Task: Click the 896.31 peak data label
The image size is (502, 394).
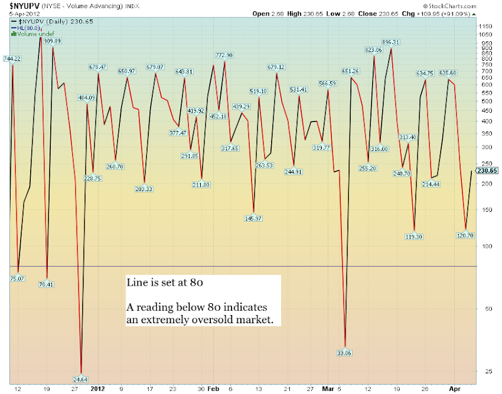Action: (x=392, y=42)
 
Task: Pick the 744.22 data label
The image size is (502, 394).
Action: (x=12, y=59)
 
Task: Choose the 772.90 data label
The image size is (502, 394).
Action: (x=224, y=56)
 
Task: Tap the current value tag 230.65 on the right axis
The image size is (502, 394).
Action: (x=487, y=170)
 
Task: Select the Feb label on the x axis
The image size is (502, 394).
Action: (x=213, y=388)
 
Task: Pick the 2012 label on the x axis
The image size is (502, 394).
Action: (x=98, y=388)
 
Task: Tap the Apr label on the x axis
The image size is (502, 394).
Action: (x=455, y=388)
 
